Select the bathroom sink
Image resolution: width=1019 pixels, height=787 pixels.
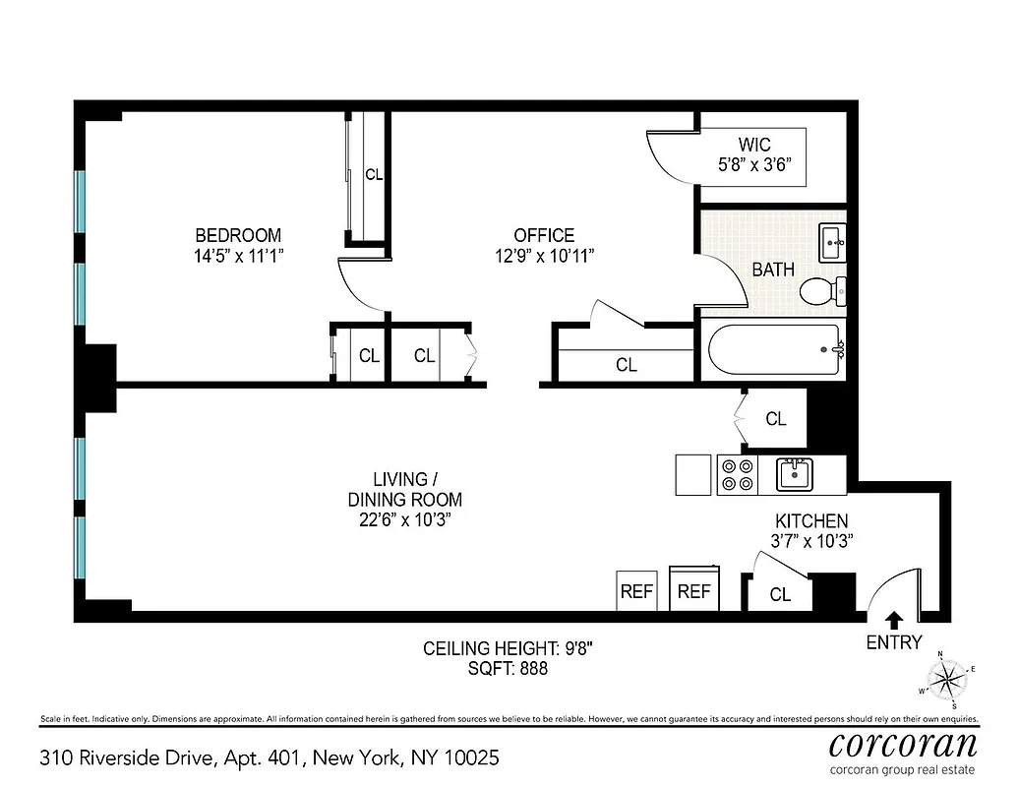pos(832,241)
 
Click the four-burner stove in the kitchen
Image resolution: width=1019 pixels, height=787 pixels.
pos(737,475)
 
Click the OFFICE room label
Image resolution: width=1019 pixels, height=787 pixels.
pos(544,236)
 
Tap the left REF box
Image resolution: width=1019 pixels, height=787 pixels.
pos(636,592)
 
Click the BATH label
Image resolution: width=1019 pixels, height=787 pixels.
pos(773,270)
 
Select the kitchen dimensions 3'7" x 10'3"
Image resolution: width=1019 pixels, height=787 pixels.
pos(811,540)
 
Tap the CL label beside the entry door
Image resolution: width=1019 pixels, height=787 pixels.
pos(780,594)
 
